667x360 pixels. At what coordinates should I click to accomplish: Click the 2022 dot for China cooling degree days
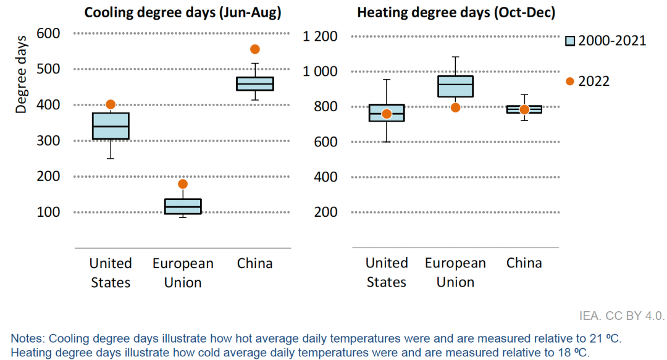[255, 49]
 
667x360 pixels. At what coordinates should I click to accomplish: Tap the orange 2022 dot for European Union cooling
[183, 184]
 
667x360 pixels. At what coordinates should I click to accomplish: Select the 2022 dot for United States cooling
[111, 104]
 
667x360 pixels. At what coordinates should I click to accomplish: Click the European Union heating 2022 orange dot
[455, 107]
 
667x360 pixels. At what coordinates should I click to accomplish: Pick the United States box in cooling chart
[111, 126]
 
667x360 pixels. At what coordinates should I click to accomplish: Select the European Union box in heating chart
[455, 86]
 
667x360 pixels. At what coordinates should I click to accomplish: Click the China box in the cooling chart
[255, 84]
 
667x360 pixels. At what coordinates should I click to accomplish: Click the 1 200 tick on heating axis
[320, 36]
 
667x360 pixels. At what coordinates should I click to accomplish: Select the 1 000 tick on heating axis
[320, 72]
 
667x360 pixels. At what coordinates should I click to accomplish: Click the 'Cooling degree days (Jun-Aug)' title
[182, 12]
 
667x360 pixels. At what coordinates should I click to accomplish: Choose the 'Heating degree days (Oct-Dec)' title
[455, 12]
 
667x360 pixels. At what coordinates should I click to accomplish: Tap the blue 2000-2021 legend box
[570, 41]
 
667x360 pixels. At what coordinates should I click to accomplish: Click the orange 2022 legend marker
[570, 82]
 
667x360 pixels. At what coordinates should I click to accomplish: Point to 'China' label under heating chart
[524, 263]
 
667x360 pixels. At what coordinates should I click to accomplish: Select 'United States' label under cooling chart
[111, 272]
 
